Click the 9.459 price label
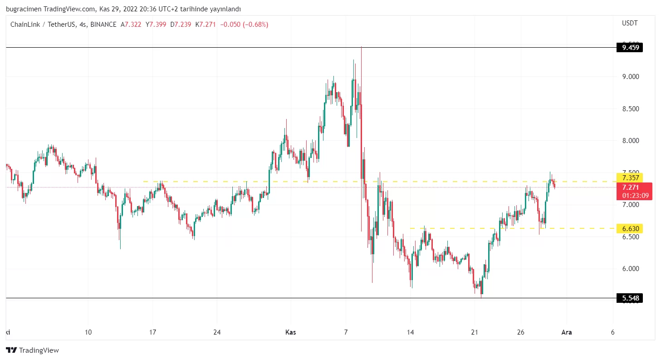coord(630,47)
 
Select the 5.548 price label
coord(630,298)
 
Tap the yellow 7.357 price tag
coord(630,178)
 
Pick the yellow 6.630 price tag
coord(630,228)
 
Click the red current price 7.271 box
coord(634,191)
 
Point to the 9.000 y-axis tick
coord(631,77)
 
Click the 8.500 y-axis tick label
coord(631,109)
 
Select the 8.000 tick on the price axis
coord(631,141)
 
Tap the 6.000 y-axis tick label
coord(631,269)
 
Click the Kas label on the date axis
coord(290,332)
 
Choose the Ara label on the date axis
coord(566,332)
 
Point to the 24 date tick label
coord(217,332)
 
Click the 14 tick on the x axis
coord(410,332)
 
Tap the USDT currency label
coord(629,23)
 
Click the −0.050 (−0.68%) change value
coord(244,25)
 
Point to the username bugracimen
coord(22,9)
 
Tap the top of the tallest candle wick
coord(361,47)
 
